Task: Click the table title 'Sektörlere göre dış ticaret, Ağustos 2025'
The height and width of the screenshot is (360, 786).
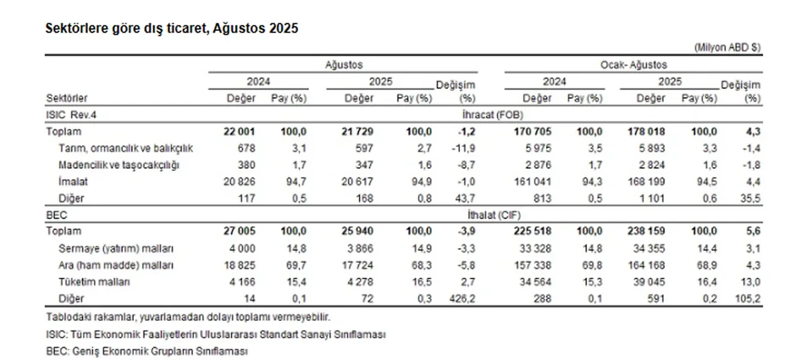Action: [x=172, y=29]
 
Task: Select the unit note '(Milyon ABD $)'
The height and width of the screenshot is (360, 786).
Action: [x=728, y=47]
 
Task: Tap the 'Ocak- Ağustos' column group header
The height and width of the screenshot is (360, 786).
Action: [x=634, y=65]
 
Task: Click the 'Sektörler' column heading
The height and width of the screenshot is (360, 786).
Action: [x=66, y=98]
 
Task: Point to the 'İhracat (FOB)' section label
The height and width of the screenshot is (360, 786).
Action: [x=489, y=115]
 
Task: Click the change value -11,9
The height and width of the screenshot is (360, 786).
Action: [x=462, y=148]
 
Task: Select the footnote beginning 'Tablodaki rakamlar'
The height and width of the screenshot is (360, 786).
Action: [x=189, y=317]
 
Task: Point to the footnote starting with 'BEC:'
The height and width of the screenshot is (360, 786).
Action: [x=147, y=351]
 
